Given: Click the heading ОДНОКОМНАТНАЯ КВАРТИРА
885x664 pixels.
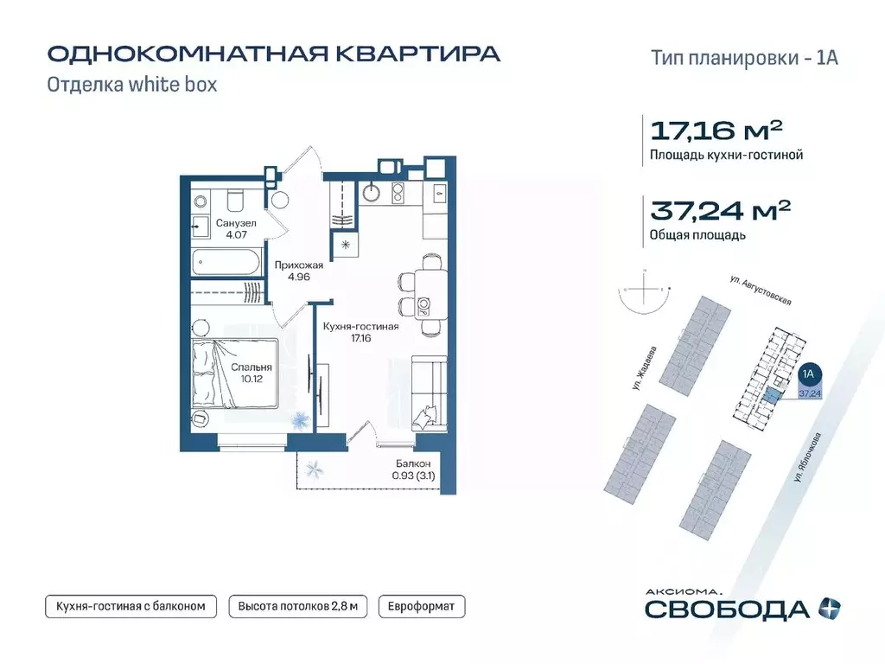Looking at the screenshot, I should click(273, 54).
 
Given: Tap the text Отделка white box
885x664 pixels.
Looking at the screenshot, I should click(131, 85).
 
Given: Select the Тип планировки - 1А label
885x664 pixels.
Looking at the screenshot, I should click(743, 58).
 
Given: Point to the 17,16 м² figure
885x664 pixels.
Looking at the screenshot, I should click(716, 131).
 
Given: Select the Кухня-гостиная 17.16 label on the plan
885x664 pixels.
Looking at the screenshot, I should click(360, 333).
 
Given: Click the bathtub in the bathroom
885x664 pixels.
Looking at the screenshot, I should click(225, 260).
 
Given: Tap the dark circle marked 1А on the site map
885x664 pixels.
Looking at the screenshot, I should click(809, 374).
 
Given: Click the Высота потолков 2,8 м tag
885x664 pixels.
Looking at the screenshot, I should click(297, 606).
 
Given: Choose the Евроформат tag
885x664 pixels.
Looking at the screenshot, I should click(422, 606).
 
